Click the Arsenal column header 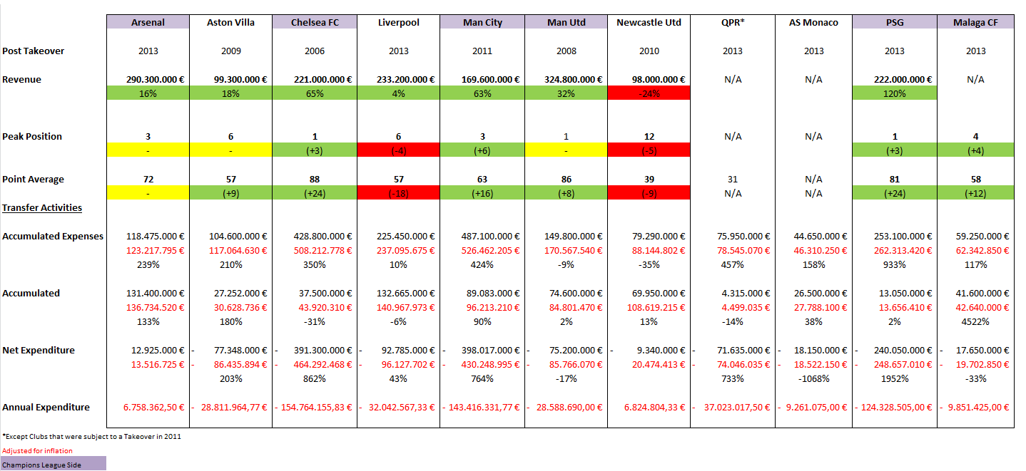coord(148,22)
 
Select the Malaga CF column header coord(975,22)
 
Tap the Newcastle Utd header coord(649,22)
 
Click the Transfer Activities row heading coord(42,207)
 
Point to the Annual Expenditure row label coord(46,407)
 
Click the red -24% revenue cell coord(649,93)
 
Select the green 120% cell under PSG coord(895,93)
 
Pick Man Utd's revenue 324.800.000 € coord(566,79)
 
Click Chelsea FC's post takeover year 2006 coord(315,51)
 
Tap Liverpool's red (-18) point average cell coord(398,193)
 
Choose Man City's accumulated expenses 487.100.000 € coord(482,236)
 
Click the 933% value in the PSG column coord(895,264)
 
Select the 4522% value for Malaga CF coord(975,321)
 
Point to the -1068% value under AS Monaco coord(813,378)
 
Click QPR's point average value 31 coord(732,179)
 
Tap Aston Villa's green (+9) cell coord(230,193)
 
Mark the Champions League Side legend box coord(54,465)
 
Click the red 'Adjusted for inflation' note coord(37,450)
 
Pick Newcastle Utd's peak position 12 coord(649,136)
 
